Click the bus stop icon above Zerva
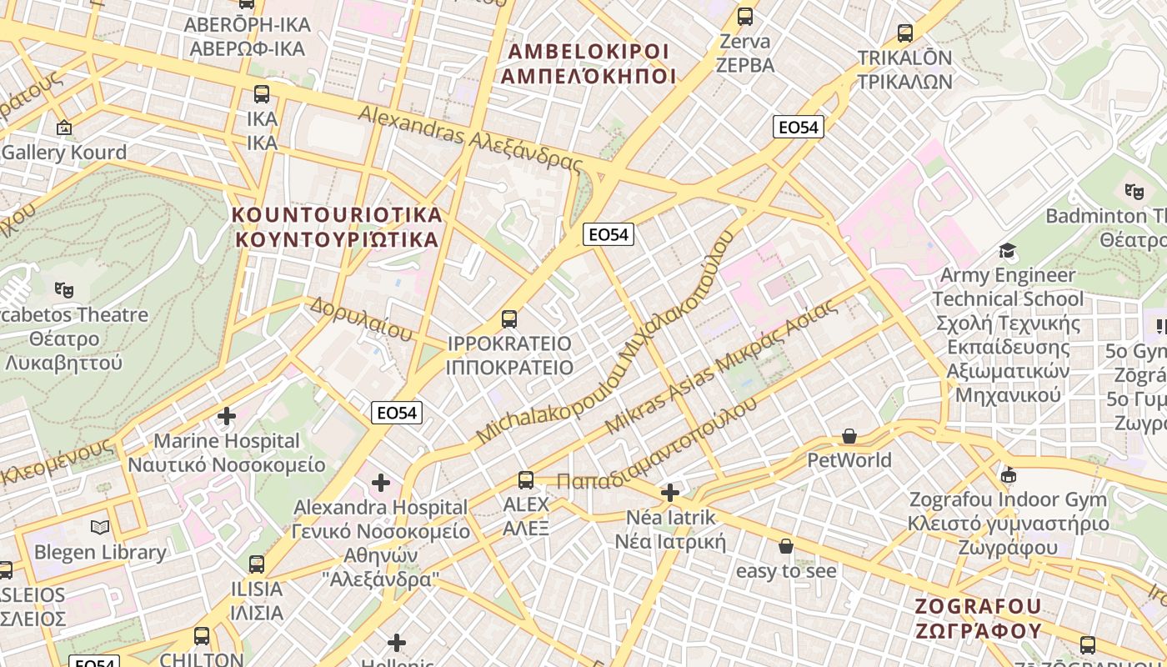(745, 16)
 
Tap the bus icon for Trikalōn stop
(905, 33)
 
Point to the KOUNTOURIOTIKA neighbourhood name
(337, 227)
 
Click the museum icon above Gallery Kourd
(63, 128)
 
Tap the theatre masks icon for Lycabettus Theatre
(63, 290)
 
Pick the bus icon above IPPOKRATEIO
(509, 318)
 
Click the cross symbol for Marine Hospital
(226, 415)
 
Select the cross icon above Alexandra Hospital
(381, 482)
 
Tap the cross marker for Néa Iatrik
(670, 493)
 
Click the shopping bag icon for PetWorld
(849, 436)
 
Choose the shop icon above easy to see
(785, 547)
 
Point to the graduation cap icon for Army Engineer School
(1008, 251)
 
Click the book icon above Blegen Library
(100, 527)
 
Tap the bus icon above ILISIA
(257, 564)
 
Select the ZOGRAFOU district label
(979, 618)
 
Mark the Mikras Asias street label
(720, 367)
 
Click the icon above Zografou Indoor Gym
(1009, 475)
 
